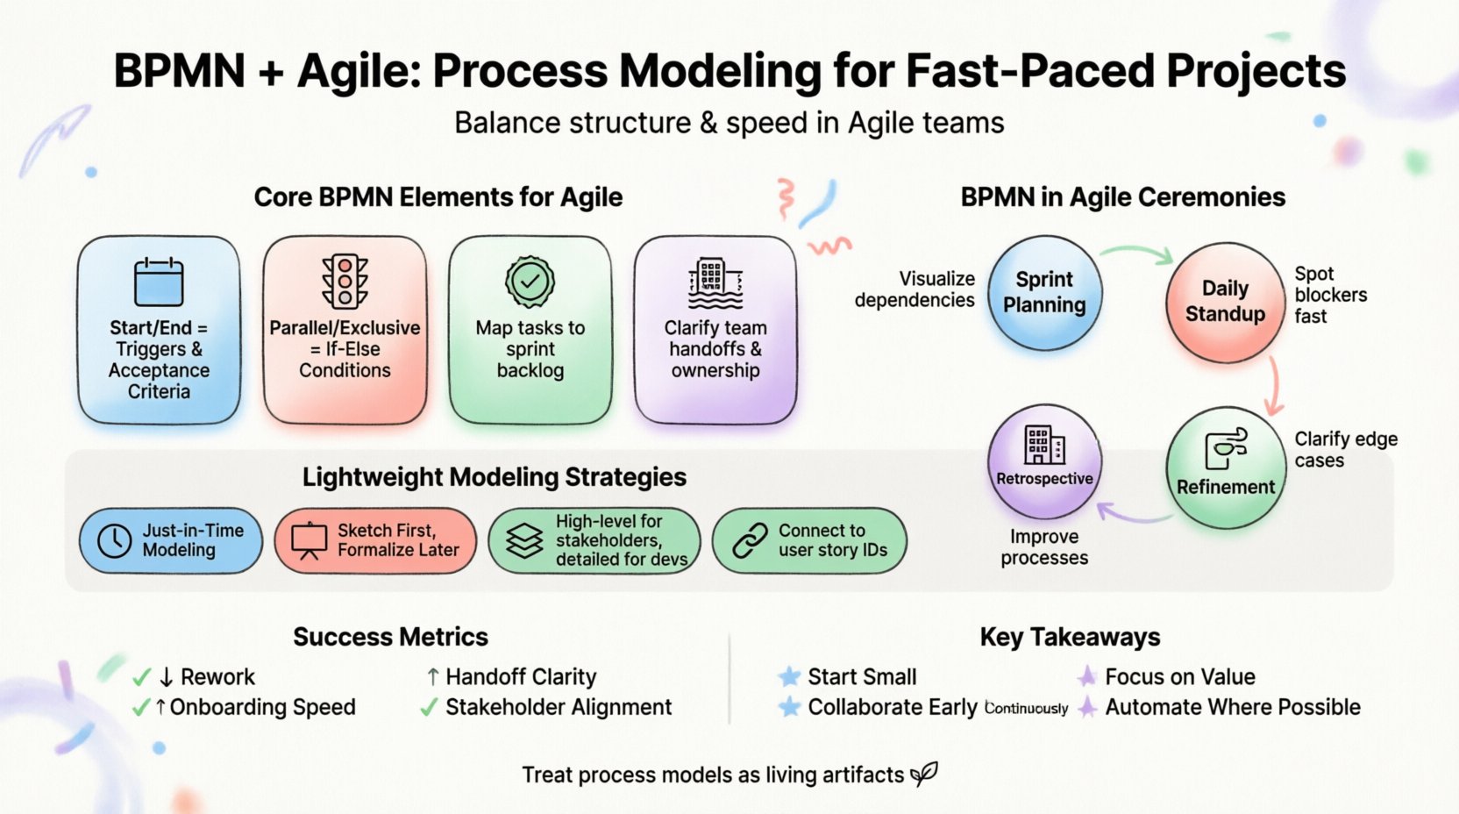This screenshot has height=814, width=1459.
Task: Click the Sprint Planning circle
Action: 1043,292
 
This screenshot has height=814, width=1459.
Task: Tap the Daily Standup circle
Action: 1225,301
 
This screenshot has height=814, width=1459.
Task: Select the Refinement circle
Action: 1225,468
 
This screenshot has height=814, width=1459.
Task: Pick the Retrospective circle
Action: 1043,461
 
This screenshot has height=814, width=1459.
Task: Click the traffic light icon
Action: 345,281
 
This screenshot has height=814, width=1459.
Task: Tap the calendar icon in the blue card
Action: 159,282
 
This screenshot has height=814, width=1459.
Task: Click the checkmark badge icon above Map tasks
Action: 530,282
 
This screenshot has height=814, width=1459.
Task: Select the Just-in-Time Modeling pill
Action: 171,540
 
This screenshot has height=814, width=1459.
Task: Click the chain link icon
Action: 750,540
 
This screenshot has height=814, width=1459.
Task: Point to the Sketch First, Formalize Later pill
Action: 375,540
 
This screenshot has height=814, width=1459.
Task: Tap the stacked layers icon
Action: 524,540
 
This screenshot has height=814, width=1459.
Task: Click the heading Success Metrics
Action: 390,637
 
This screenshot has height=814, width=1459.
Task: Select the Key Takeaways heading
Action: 1070,637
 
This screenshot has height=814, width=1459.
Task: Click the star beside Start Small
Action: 789,676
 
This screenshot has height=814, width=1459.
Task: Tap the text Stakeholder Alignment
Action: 559,707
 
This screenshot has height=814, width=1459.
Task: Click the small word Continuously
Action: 1026,709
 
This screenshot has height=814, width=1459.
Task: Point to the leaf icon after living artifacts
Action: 924,773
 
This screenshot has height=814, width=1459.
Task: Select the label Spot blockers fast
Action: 1329,295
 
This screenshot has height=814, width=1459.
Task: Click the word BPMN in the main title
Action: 179,71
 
